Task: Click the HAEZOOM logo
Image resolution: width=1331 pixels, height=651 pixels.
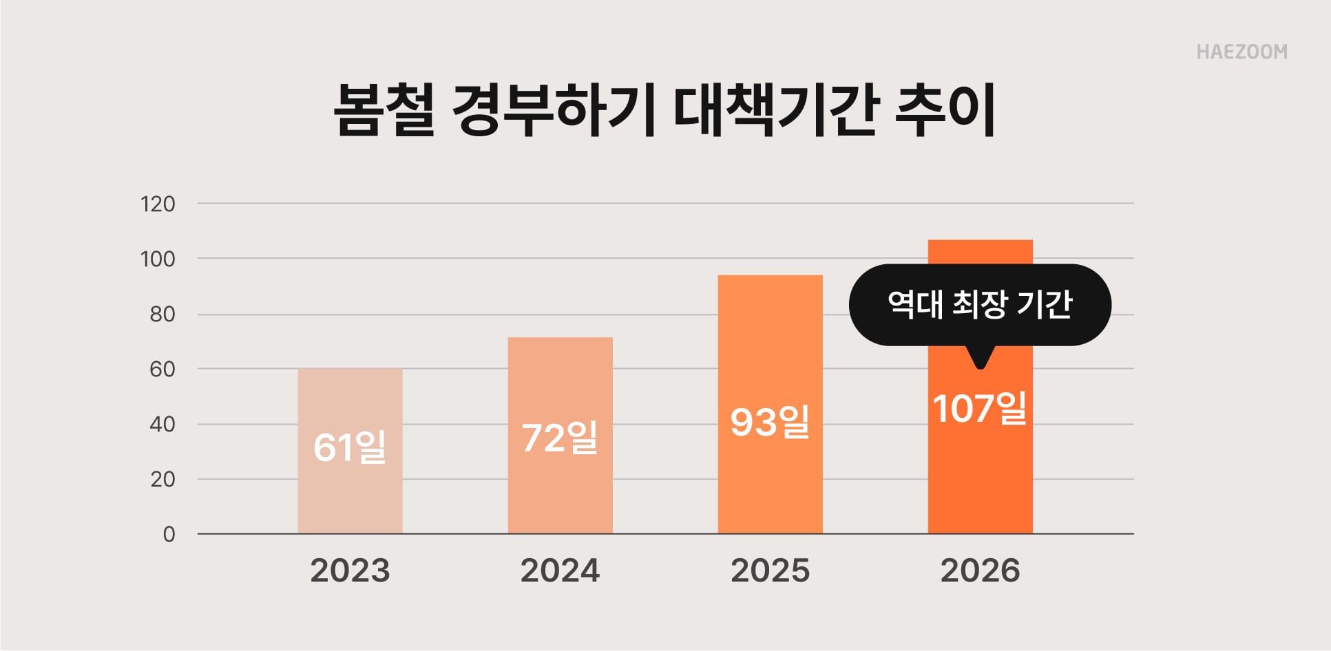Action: pyautogui.click(x=1241, y=52)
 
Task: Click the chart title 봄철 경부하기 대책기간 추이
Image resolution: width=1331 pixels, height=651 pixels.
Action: pyautogui.click(x=664, y=111)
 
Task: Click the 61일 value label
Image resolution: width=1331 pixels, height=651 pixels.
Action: pyautogui.click(x=350, y=447)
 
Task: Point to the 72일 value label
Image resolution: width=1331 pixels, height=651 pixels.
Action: pyautogui.click(x=560, y=438)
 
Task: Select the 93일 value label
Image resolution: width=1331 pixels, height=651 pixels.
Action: pyautogui.click(x=770, y=422)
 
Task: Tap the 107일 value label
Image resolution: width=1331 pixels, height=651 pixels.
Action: pyautogui.click(x=980, y=408)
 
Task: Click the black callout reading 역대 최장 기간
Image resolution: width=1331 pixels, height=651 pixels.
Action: pyautogui.click(x=980, y=304)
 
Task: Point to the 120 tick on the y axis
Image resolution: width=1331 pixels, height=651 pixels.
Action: pyautogui.click(x=158, y=204)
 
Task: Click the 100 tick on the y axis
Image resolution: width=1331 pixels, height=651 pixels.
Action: pyautogui.click(x=158, y=259)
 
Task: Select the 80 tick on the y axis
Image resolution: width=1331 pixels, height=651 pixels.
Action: pyautogui.click(x=163, y=314)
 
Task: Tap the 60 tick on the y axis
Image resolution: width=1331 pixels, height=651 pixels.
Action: pyautogui.click(x=163, y=369)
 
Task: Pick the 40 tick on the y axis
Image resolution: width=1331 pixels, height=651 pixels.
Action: pyautogui.click(x=163, y=424)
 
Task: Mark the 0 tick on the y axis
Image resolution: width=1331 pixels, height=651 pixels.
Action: pyautogui.click(x=169, y=534)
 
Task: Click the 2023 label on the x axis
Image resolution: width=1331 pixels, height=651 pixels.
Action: pyautogui.click(x=350, y=570)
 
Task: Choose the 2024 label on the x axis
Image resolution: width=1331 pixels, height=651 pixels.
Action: pyautogui.click(x=560, y=570)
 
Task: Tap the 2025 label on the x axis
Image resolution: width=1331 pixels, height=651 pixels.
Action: pyautogui.click(x=770, y=570)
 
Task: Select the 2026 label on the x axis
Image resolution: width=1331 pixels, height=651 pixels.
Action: pyautogui.click(x=980, y=570)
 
